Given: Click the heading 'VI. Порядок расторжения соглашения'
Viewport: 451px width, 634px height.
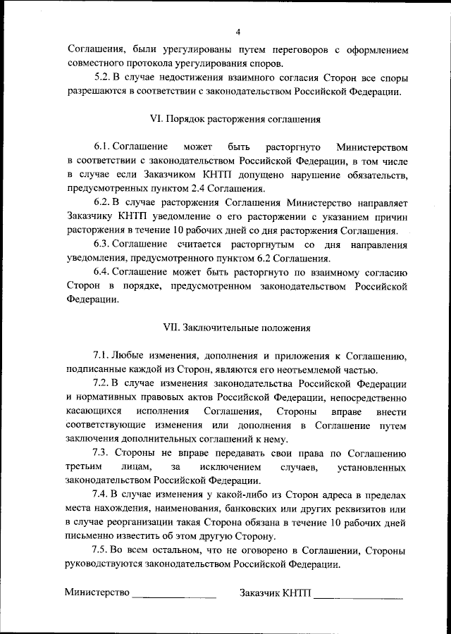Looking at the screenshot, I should coord(237,119).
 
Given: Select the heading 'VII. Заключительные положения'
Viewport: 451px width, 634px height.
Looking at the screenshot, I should coord(237,327).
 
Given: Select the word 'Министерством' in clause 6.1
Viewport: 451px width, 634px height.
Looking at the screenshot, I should coord(372,147).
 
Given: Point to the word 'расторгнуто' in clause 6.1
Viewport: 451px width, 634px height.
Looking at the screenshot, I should coord(294,147).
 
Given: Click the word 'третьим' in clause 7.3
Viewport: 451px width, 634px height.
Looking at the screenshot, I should coord(84,466).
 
